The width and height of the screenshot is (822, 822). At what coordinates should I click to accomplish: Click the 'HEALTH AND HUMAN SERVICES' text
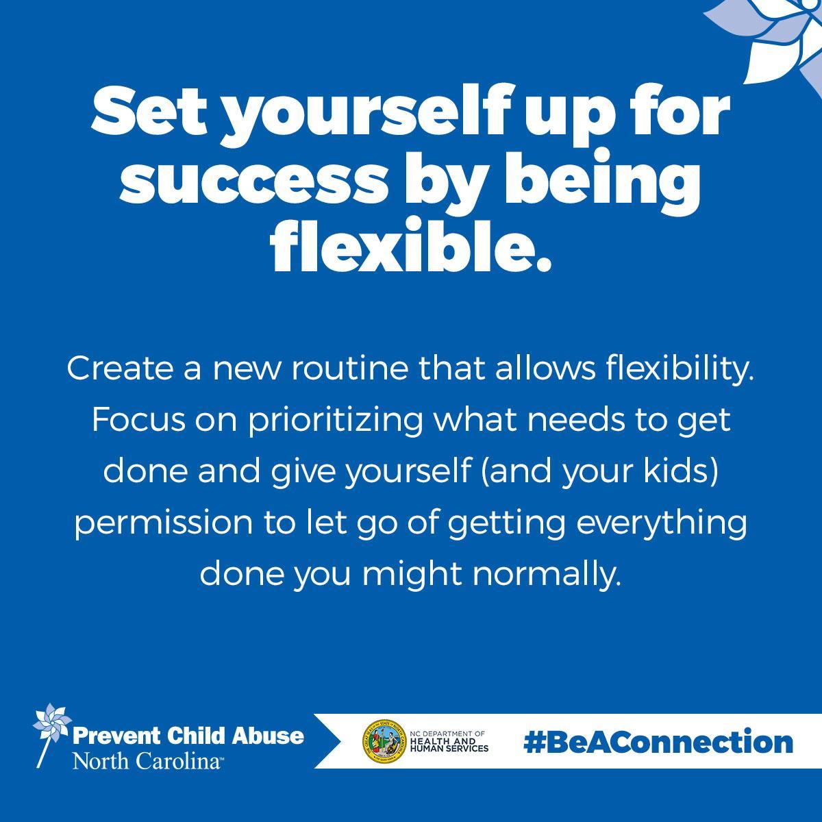449,745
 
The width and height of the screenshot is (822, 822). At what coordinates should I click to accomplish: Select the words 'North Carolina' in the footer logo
147,760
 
